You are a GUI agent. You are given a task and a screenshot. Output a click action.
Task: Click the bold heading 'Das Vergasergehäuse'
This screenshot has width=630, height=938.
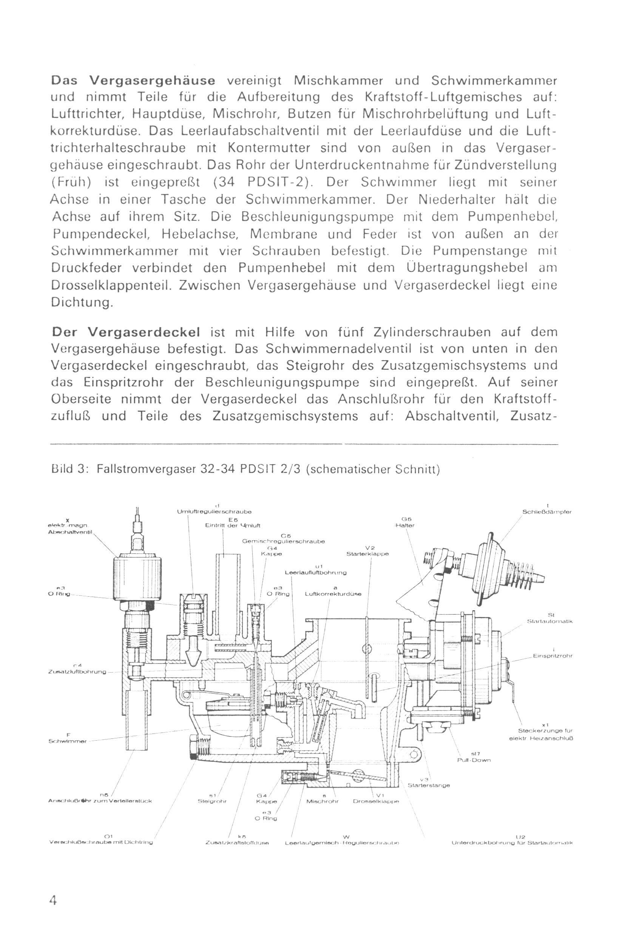tap(133, 81)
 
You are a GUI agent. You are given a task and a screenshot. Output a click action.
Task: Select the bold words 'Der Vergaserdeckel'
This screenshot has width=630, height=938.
tap(126, 332)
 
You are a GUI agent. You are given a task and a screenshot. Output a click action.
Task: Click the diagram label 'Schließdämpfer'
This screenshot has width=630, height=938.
tap(547, 512)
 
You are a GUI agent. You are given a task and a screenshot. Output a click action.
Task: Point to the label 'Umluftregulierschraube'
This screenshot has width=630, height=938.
tap(214, 512)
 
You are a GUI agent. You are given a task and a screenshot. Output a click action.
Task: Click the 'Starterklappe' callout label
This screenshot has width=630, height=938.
tap(367, 553)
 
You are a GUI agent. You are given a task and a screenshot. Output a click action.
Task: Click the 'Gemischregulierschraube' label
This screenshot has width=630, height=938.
tap(283, 541)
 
